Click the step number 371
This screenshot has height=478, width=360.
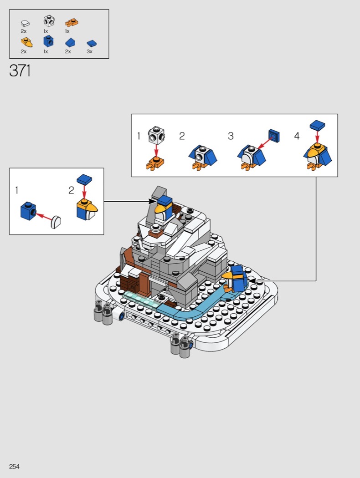tap(20, 71)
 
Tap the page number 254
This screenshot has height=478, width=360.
tap(14, 467)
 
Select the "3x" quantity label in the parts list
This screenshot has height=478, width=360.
tap(89, 51)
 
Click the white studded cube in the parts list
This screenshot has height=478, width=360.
tap(49, 21)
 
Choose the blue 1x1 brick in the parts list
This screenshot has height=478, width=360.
tap(48, 41)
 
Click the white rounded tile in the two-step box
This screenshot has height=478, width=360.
tap(56, 222)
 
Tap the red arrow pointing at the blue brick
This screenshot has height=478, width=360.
tap(44, 217)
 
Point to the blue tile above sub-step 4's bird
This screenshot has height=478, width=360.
tap(317, 125)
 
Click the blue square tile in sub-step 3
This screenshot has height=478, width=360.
tap(274, 136)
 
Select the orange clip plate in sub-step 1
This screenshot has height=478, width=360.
tap(155, 163)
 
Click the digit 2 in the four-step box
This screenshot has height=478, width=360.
tap(182, 136)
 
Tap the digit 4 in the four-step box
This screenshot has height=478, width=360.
tap(297, 136)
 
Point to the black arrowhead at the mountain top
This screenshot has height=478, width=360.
tap(152, 201)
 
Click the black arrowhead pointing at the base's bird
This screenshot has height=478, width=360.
tap(252, 281)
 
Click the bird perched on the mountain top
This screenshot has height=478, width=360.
tap(164, 208)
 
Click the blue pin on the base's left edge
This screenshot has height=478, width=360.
tap(122, 316)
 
